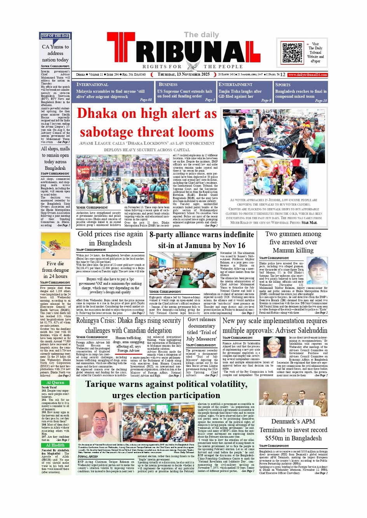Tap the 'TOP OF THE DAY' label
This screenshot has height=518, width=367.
click(55, 36)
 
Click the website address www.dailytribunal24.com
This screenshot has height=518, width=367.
click(308, 74)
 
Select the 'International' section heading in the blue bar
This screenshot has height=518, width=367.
click(92, 85)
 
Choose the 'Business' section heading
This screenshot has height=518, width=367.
click(168, 85)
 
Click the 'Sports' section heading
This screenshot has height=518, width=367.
click(283, 85)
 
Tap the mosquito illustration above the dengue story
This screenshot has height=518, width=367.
click(56, 245)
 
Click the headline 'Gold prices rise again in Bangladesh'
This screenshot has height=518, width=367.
click(110, 238)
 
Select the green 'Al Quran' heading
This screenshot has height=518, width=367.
click(55, 383)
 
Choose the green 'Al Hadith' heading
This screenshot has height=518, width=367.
click(55, 445)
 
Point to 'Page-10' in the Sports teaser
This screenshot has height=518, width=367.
click(321, 100)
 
